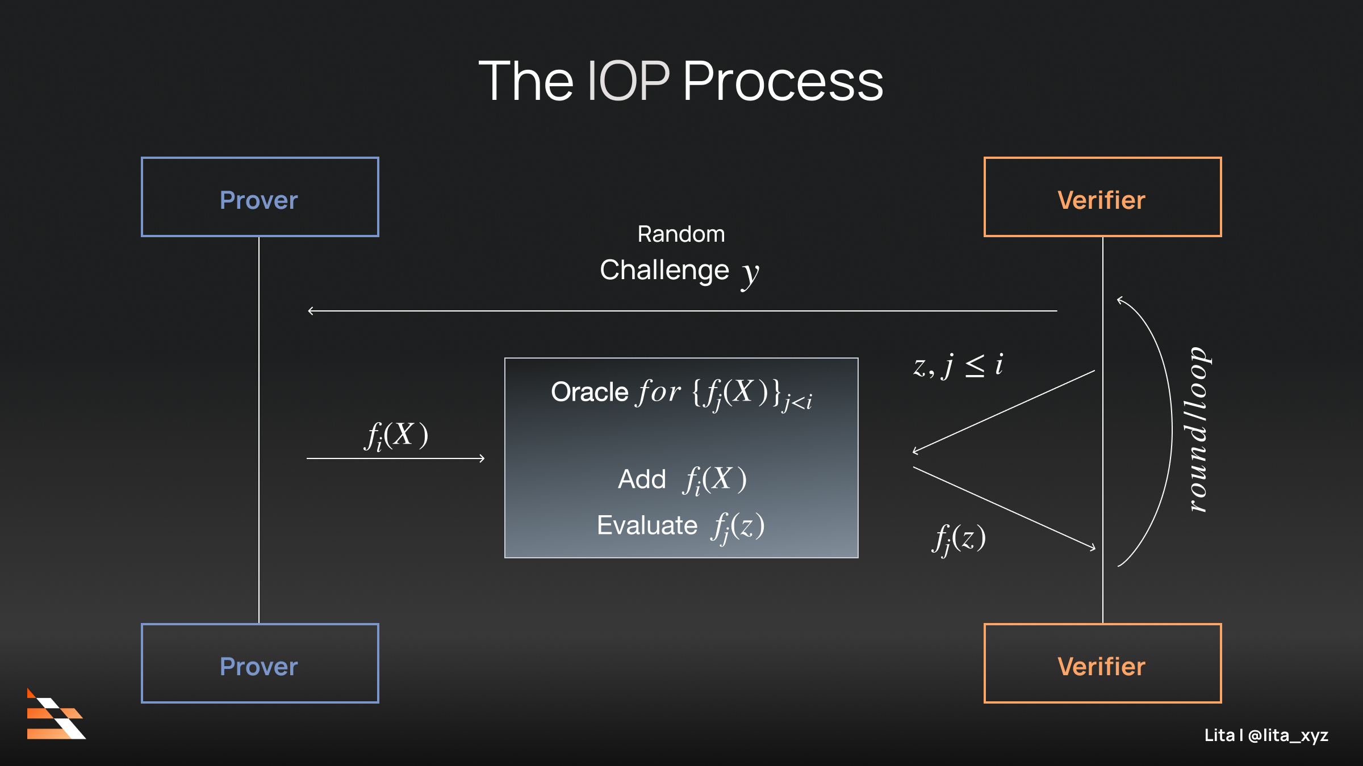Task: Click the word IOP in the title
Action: [x=628, y=82]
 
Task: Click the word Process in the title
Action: [x=783, y=83]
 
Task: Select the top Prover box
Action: [x=260, y=197]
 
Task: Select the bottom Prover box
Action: [x=260, y=663]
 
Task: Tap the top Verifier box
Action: [x=1102, y=197]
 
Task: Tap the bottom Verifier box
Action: [x=1102, y=663]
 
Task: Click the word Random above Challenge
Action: [x=681, y=234]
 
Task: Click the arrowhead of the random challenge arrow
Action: [x=310, y=311]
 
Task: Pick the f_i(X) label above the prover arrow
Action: [x=396, y=436]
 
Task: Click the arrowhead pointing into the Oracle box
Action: [x=482, y=458]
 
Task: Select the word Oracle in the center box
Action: [x=589, y=392]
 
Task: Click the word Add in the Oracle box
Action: [x=642, y=479]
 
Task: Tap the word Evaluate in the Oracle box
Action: [x=647, y=525]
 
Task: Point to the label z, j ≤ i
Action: [x=958, y=365]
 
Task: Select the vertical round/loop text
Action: [x=1198, y=430]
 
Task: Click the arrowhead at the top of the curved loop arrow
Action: [x=1119, y=300]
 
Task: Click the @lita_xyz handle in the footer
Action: [x=1288, y=735]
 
